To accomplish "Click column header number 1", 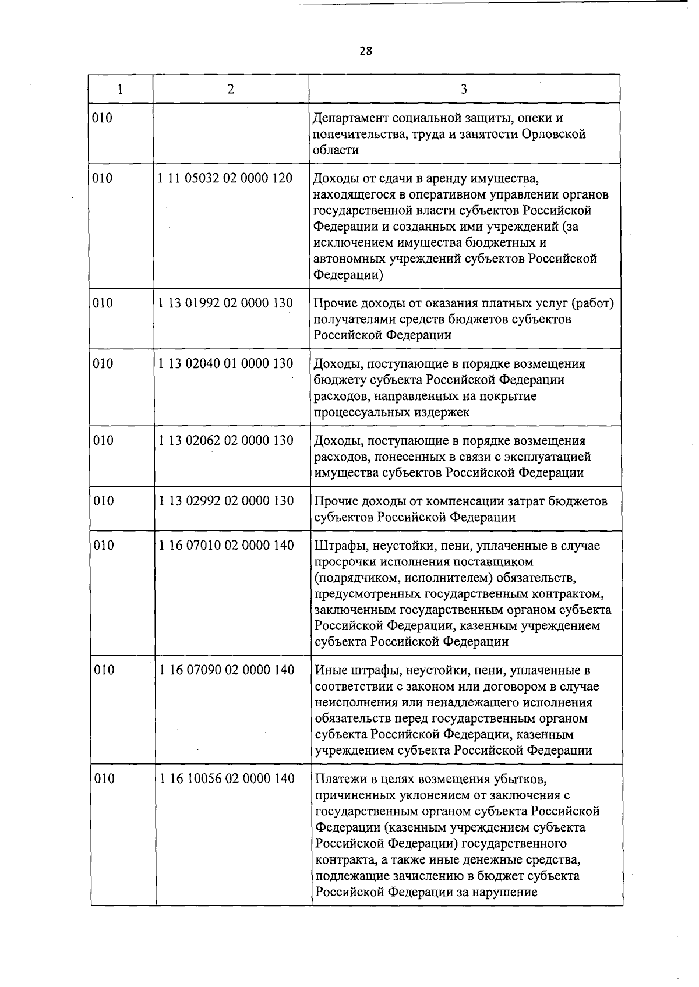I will (120, 89).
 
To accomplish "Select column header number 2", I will (231, 89).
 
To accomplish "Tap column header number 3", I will (464, 89).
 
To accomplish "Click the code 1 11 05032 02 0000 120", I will (225, 178).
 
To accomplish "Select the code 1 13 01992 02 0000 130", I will (225, 303).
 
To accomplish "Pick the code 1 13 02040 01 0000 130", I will (225, 363).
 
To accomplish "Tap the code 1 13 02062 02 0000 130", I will (226, 440).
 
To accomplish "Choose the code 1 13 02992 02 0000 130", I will (226, 501).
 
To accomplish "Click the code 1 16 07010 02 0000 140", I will (227, 546).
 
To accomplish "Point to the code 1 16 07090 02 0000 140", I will (227, 670).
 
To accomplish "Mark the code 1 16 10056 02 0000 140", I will (227, 779).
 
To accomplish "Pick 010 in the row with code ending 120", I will (103, 178).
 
